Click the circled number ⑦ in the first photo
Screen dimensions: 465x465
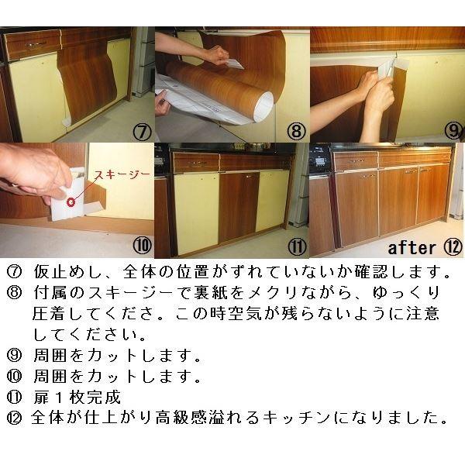pyautogui.click(x=141, y=131)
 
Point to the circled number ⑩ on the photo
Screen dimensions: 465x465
pyautogui.click(x=141, y=247)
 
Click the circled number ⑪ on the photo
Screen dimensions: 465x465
pyautogui.click(x=295, y=247)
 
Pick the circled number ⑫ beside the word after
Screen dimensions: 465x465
pyautogui.click(x=453, y=247)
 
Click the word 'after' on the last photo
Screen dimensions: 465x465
pyautogui.click(x=412, y=248)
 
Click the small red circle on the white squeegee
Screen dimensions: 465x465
pyautogui.click(x=71, y=203)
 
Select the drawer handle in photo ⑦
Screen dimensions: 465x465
pyautogui.click(x=35, y=45)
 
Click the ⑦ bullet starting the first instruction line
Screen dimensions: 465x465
pyautogui.click(x=14, y=273)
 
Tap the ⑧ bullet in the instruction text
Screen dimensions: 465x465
pyautogui.click(x=14, y=293)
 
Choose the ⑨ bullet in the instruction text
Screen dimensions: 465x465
pyautogui.click(x=14, y=357)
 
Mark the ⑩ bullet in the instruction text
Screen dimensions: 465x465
pyautogui.click(x=14, y=378)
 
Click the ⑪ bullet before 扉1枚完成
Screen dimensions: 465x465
pyautogui.click(x=14, y=398)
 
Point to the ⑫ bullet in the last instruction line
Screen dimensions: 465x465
pyautogui.click(x=14, y=419)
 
